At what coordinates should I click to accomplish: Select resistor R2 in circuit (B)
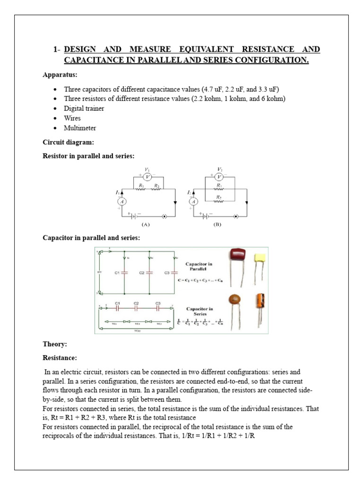point(219,199)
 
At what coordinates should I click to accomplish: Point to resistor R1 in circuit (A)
point(140,188)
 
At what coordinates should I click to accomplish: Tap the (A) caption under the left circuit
point(146,225)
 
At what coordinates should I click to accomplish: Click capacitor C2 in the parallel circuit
point(149,273)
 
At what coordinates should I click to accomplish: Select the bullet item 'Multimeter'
point(81,128)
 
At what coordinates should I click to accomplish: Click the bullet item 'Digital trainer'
point(85,108)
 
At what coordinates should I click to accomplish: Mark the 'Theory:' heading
point(55,344)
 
